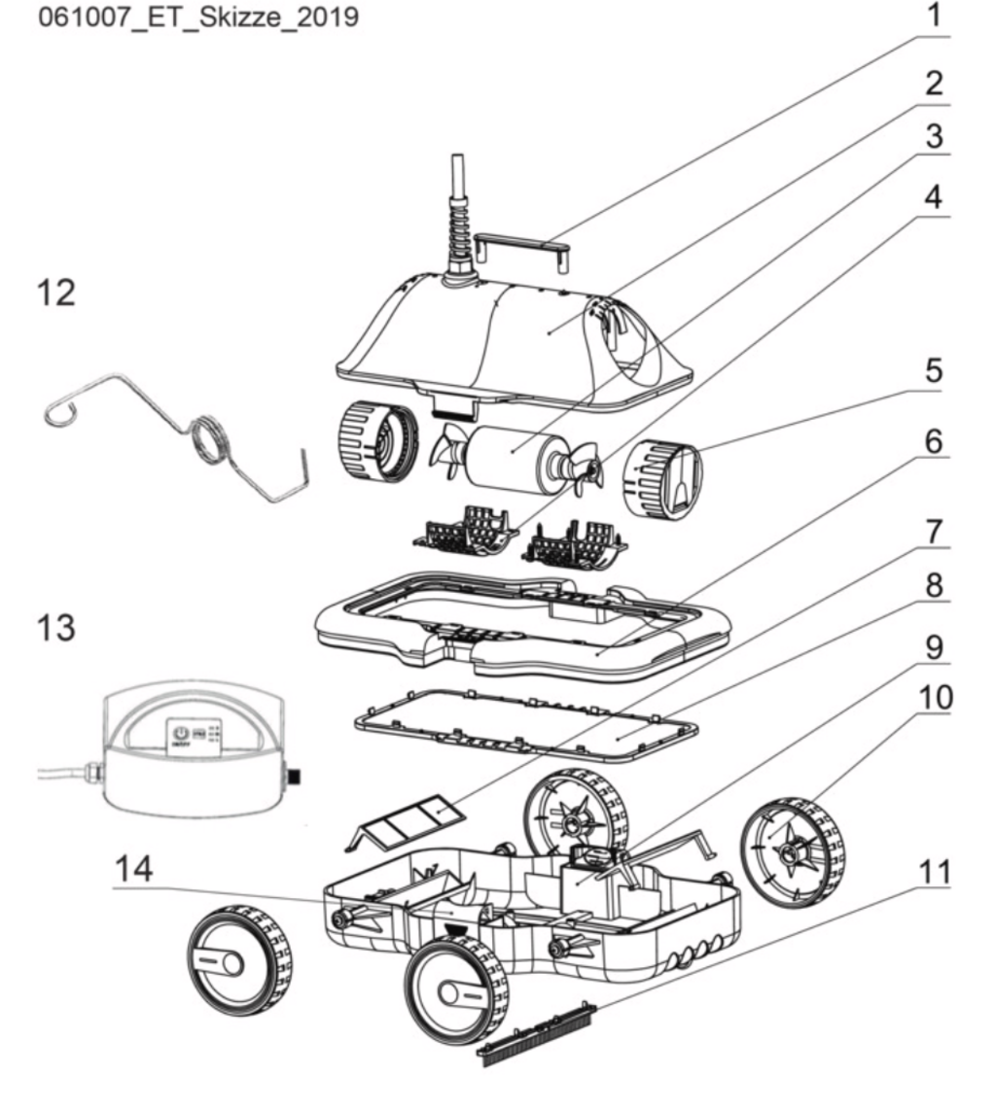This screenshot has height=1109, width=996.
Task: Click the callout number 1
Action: [934, 17]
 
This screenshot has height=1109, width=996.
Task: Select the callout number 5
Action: [934, 373]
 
